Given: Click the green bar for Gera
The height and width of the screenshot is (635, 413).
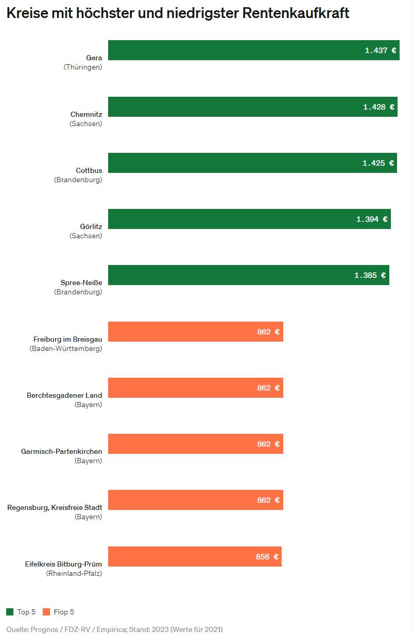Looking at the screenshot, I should [232, 50].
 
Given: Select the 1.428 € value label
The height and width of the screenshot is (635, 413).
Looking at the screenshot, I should [378, 107].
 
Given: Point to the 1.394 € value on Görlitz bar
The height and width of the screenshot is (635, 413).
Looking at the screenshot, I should [372, 219].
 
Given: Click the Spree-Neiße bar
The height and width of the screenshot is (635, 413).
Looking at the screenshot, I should [232, 275].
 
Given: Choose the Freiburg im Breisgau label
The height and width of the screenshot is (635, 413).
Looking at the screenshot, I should [67, 339].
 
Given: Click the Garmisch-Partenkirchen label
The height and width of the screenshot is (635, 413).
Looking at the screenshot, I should [61, 451].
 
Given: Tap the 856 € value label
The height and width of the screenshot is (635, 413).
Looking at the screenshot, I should [267, 557].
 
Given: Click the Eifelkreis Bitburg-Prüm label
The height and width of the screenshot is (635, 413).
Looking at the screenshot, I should [63, 564].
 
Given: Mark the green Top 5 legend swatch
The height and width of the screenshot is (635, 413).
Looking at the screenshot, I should [10, 612].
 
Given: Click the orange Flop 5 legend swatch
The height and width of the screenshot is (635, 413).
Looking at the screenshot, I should [46, 612].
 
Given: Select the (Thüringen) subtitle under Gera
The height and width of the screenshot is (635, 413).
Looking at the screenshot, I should [83, 67].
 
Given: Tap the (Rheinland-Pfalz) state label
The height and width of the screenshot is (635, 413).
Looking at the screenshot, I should [74, 573].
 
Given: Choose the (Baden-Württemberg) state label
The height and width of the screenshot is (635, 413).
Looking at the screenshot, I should [66, 348].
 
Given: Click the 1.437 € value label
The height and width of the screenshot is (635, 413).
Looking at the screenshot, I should [381, 50].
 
